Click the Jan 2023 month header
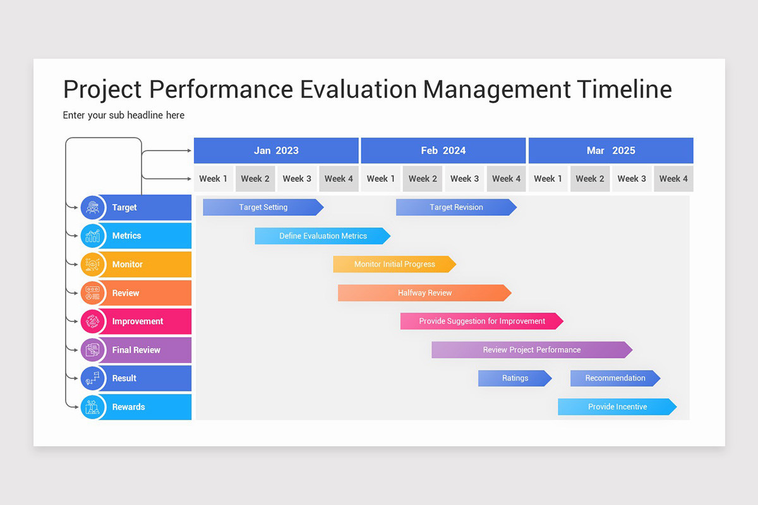click(x=276, y=151)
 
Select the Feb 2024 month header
click(x=443, y=151)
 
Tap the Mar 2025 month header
click(x=611, y=151)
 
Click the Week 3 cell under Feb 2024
click(x=464, y=179)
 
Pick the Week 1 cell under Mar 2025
click(x=548, y=179)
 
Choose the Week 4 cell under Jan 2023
click(x=339, y=179)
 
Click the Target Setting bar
click(x=263, y=207)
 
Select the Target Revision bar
click(x=456, y=207)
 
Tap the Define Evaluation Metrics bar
click(x=322, y=236)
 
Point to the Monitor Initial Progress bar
click(x=394, y=264)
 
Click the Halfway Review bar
click(x=424, y=293)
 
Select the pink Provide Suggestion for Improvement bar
click(x=481, y=321)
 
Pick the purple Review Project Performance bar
click(x=531, y=350)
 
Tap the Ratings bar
click(x=515, y=378)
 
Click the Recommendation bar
click(x=615, y=378)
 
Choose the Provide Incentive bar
click(x=617, y=407)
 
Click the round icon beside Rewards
click(x=93, y=407)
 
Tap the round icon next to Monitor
click(x=93, y=264)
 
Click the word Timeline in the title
click(x=625, y=89)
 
